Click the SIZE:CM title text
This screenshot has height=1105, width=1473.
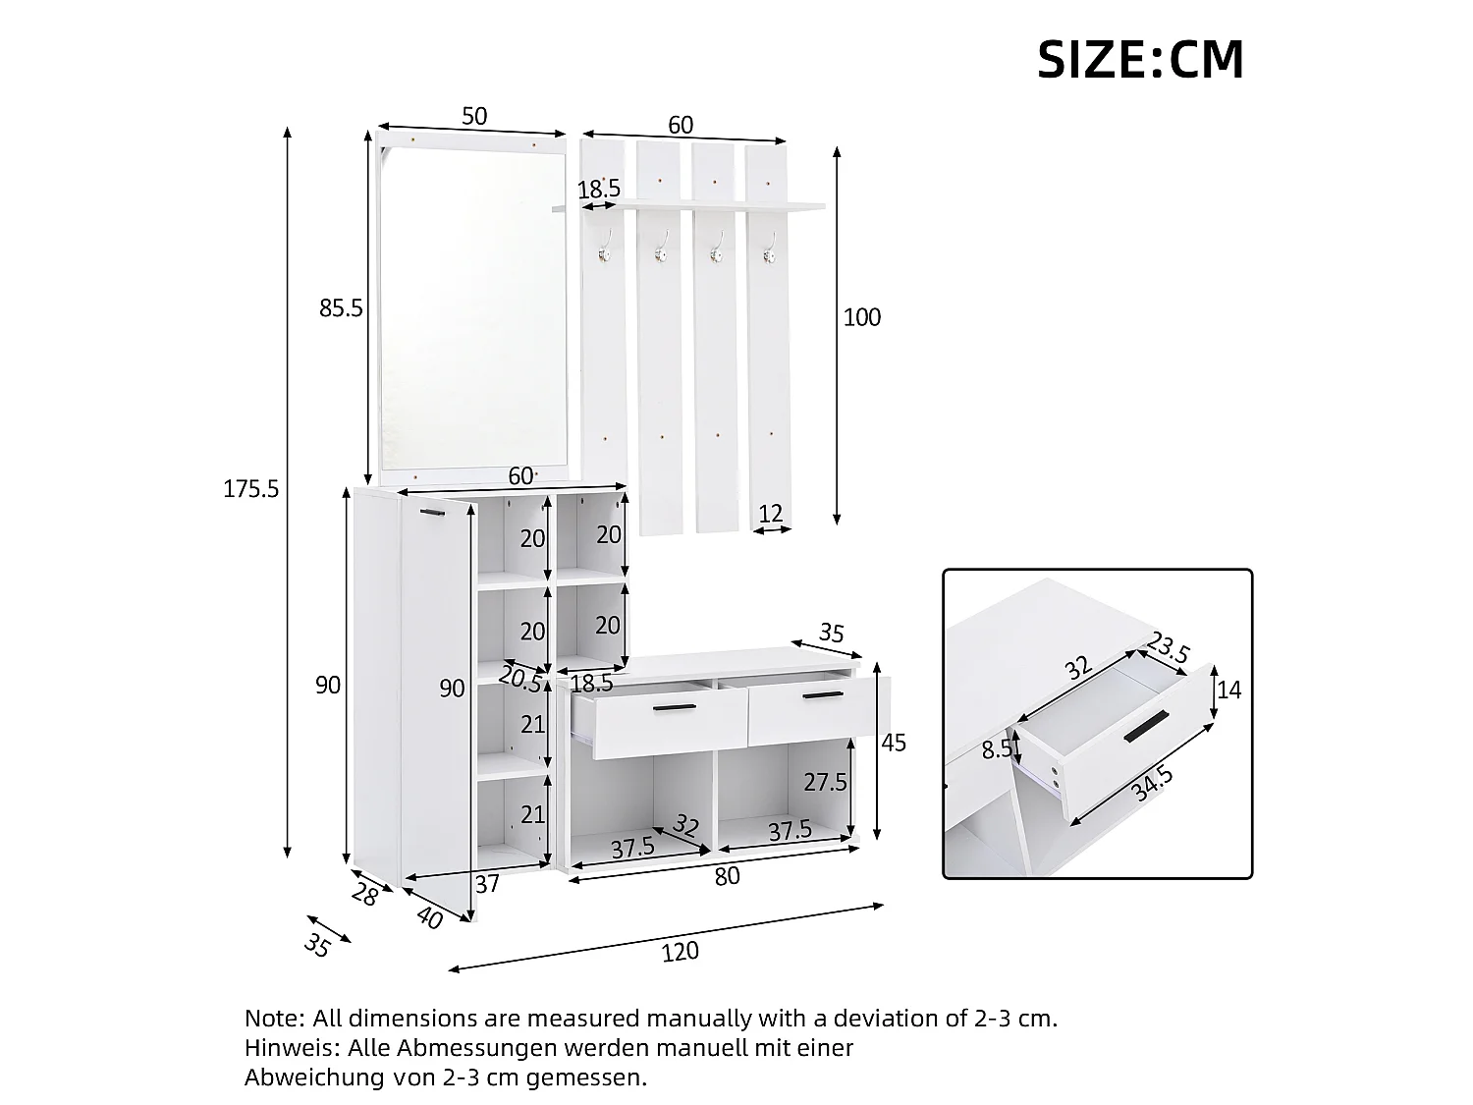click(1140, 60)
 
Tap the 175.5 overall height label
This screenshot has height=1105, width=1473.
click(250, 489)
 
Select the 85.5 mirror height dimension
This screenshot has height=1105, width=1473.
click(340, 308)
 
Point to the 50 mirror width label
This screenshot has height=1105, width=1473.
click(473, 116)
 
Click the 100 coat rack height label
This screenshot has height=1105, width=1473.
click(861, 317)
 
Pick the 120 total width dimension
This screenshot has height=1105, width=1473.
click(680, 952)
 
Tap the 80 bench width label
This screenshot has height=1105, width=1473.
click(727, 876)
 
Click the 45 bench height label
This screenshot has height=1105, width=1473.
click(894, 743)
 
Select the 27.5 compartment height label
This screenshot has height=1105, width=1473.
click(825, 782)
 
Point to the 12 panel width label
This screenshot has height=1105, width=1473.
click(771, 514)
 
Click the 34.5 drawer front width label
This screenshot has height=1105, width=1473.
click(1152, 784)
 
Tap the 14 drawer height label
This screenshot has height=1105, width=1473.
click(1228, 690)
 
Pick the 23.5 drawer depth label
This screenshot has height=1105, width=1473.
click(1169, 647)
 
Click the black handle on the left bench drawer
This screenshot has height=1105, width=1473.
click(675, 707)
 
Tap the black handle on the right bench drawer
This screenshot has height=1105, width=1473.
click(823, 695)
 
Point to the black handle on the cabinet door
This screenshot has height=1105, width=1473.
click(432, 514)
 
